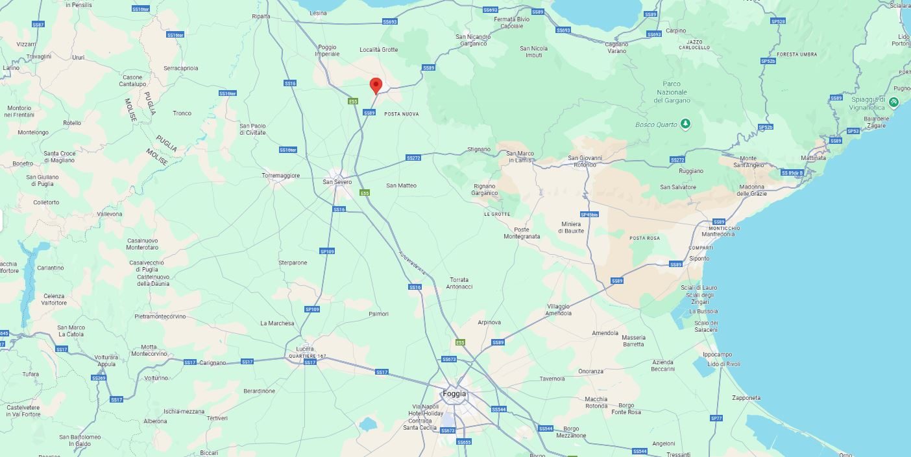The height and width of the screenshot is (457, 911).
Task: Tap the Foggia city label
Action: tap(454, 393)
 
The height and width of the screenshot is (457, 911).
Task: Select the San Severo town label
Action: tap(337, 182)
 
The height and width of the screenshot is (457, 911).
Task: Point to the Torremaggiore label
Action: tap(281, 176)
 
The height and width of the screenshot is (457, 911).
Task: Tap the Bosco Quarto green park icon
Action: tap(685, 124)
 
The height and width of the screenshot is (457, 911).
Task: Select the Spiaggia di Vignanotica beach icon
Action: tap(893, 102)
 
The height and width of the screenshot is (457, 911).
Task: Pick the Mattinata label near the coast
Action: tap(814, 158)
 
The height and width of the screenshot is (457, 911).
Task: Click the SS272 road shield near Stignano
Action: tap(413, 158)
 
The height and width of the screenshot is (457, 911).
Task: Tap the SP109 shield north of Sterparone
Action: tap(328, 251)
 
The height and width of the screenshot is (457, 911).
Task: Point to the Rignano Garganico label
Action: tap(485, 189)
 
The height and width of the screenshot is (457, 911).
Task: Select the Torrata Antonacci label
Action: tap(460, 283)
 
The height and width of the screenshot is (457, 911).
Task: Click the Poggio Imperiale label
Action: tap(328, 50)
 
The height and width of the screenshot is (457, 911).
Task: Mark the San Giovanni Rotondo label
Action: tap(586, 161)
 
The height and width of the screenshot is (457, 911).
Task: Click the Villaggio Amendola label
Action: tap(559, 310)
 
